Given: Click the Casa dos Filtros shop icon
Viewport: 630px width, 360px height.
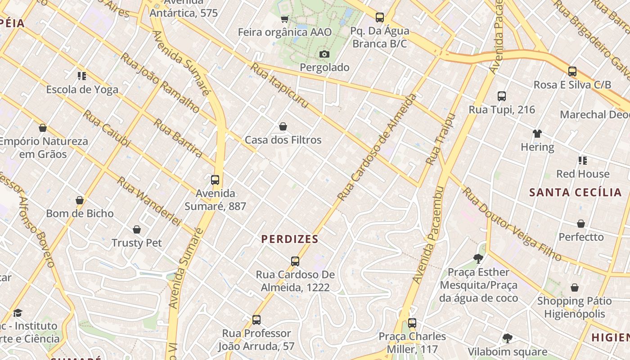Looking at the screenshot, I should (283, 127).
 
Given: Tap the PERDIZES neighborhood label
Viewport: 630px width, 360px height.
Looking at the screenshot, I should (290, 239).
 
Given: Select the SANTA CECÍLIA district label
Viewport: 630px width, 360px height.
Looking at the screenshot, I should (575, 193).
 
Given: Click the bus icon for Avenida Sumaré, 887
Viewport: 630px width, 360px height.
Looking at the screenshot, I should (215, 180).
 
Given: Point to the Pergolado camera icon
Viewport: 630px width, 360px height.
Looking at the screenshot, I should (324, 54).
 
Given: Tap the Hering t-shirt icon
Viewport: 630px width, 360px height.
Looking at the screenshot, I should (537, 134).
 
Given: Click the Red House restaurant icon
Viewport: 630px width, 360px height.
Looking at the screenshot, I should (583, 161).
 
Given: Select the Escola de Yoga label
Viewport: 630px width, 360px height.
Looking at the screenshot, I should (82, 90).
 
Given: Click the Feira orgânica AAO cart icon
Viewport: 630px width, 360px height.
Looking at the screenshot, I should (284, 19).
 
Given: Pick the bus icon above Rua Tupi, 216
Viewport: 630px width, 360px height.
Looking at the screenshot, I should (502, 96).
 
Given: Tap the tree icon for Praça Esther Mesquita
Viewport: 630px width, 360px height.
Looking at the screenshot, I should (478, 259).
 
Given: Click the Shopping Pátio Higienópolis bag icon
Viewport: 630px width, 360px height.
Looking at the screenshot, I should (575, 288).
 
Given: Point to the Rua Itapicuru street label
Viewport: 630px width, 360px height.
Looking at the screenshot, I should (279, 85).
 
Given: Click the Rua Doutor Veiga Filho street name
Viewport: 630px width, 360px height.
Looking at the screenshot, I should (512, 224).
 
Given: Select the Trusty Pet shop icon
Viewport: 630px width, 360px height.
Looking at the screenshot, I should (137, 230).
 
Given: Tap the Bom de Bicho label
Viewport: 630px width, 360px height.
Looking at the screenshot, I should (80, 213).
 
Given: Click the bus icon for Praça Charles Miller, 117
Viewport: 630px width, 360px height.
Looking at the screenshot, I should (412, 323).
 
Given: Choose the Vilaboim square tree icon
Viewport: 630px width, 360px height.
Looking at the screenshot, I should (507, 338).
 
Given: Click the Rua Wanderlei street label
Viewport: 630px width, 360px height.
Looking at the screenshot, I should (148, 201).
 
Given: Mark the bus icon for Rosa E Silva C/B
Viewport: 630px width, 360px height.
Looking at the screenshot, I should (572, 72).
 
